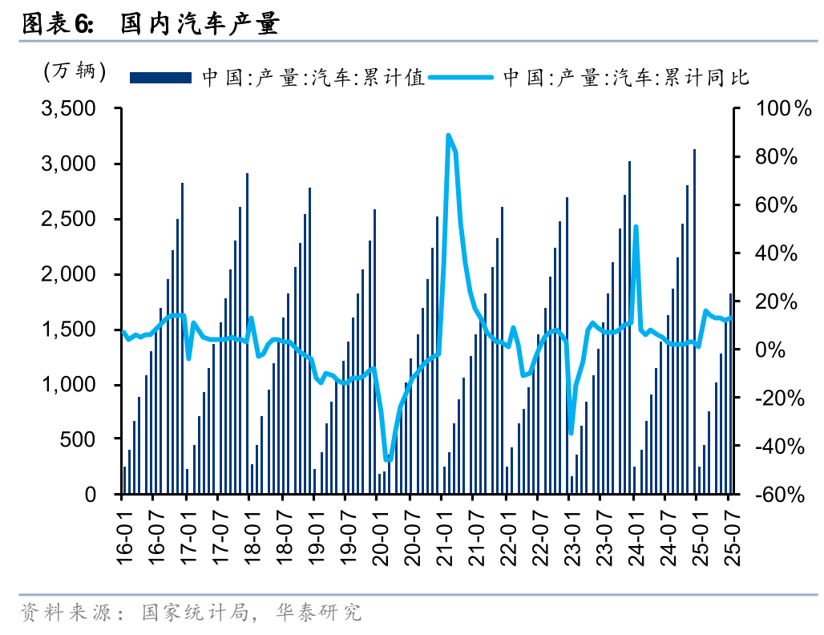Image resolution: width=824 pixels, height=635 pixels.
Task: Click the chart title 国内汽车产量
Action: pos(200,25)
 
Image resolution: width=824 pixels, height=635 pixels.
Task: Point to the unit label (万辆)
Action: pos(75,71)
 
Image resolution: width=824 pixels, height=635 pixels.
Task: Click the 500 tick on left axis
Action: pos(80,439)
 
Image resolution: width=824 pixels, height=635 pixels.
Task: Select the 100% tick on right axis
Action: pos(775,108)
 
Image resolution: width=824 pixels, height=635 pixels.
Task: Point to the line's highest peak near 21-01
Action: pos(448,135)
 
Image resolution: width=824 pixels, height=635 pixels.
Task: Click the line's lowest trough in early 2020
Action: pos(388,459)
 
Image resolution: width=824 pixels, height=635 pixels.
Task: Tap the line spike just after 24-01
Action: pos(636,227)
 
